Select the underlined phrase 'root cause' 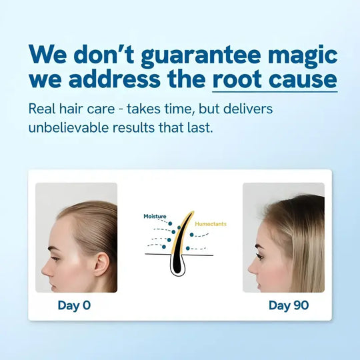tap(275, 79)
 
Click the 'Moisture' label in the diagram tap(155, 217)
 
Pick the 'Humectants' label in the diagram tap(210, 224)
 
